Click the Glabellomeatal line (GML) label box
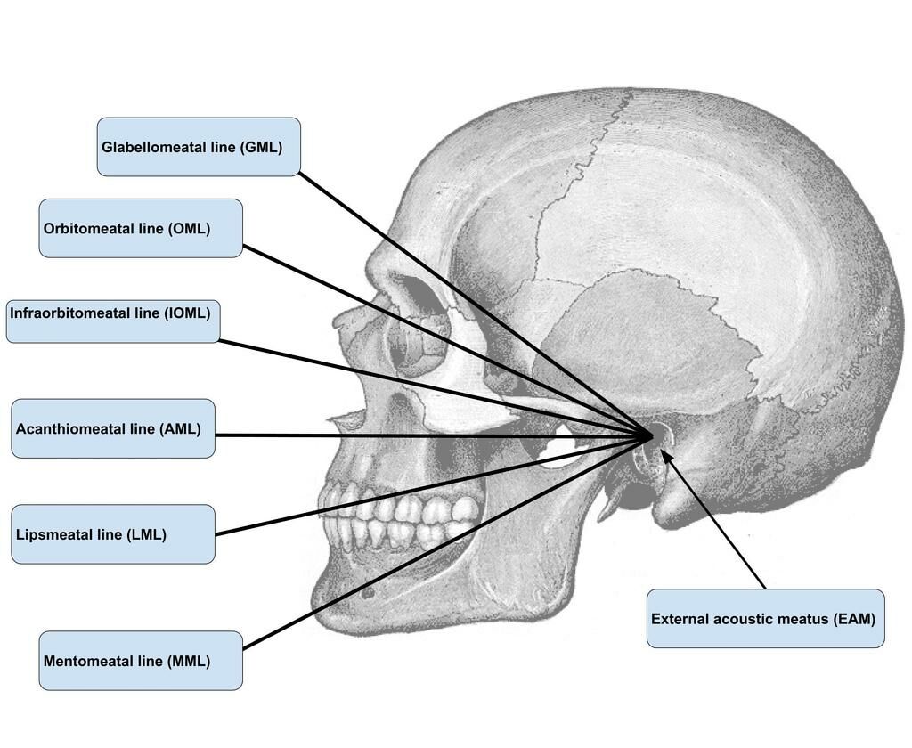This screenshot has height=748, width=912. tap(198, 147)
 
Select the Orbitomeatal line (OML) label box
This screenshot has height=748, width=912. tap(141, 228)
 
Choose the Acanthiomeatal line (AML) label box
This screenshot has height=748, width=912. tap(113, 428)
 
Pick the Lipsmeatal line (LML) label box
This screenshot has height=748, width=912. tap(113, 534)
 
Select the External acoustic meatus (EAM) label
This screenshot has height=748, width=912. tap(765, 618)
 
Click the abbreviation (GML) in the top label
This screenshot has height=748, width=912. tap(261, 148)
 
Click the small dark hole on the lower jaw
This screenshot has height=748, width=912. tap(367, 590)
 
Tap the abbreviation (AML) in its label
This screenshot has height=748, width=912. tap(180, 429)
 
